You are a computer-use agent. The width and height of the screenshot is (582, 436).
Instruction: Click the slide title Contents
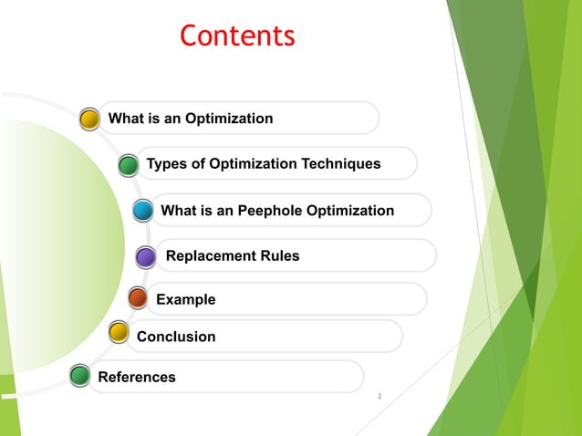(237, 36)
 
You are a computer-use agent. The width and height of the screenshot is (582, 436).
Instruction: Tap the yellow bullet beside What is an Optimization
(89, 119)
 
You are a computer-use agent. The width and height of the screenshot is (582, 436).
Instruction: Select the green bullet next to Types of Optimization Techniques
(129, 164)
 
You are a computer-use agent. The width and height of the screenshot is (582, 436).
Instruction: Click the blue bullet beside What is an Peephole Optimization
(143, 211)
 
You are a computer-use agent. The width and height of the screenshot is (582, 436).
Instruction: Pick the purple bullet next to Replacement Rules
(146, 257)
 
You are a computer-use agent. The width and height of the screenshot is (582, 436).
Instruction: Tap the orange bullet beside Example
(138, 298)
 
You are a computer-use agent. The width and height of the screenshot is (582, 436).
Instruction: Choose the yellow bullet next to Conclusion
(118, 332)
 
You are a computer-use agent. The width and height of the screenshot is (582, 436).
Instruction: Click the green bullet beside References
(80, 375)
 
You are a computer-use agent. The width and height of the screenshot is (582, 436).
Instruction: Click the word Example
(186, 299)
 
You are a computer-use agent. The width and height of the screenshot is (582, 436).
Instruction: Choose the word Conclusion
(176, 337)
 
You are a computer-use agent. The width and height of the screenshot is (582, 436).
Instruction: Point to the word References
(137, 377)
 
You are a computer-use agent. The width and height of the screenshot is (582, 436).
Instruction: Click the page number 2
(379, 397)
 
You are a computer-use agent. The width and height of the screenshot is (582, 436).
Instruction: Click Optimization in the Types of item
(252, 164)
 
